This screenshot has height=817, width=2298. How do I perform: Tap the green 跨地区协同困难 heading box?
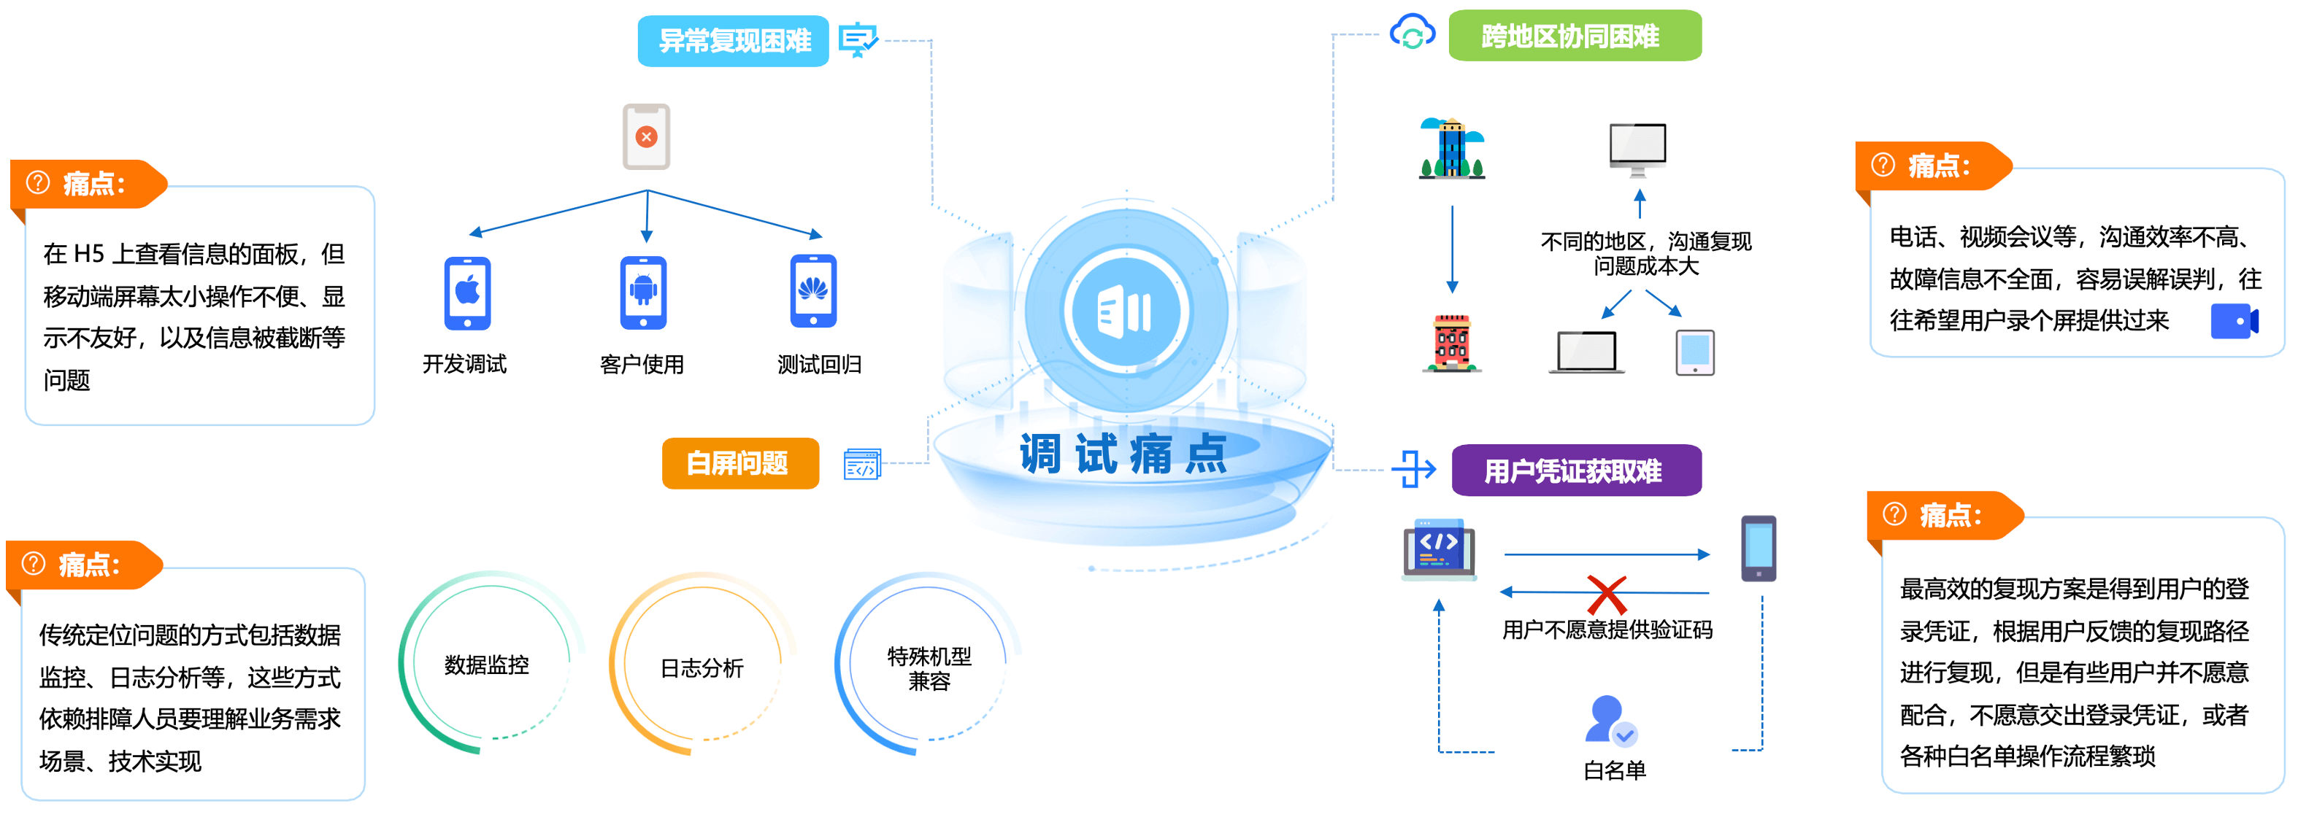point(1574,36)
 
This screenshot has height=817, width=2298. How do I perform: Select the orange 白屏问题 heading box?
point(739,463)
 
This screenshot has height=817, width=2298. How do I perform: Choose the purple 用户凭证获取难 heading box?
point(1575,470)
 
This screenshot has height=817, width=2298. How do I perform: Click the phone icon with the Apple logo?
point(467,293)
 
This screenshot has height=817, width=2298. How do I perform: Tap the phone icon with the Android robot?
point(643,293)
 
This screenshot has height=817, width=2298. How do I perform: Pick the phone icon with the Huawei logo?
point(812,291)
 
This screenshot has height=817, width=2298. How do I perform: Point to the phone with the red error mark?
point(646,136)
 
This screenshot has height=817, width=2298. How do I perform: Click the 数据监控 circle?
point(487,665)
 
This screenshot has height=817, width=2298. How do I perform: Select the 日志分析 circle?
point(702,667)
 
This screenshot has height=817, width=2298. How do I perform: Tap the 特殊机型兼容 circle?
point(929,668)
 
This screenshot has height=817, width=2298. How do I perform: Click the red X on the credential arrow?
point(1607,592)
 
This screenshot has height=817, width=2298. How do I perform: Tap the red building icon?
point(1451,343)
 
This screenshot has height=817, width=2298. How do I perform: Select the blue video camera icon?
point(2234,321)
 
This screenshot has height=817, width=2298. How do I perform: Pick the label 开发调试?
point(464,364)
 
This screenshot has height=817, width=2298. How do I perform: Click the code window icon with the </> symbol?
point(1438,547)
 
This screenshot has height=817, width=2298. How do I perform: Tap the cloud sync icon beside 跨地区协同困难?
point(1413,33)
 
